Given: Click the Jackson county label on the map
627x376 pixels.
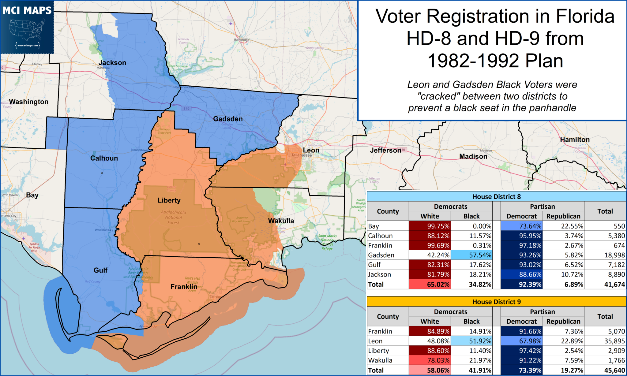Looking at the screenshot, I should tap(112, 63).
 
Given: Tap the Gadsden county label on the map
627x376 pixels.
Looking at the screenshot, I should tap(228, 119).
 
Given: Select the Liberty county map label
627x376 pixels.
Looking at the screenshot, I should tap(169, 200).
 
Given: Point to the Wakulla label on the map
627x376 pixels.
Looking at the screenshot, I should tap(281, 221).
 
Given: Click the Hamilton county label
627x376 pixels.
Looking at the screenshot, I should tap(575, 140).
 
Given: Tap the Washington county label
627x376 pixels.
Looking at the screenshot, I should tap(28, 102).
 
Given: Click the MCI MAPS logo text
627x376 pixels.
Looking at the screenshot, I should tap(27, 11).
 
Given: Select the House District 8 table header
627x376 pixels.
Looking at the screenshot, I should tap(496, 197).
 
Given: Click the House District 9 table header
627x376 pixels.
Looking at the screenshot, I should tap(496, 302).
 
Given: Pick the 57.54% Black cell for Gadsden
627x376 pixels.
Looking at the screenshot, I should tap(471, 255).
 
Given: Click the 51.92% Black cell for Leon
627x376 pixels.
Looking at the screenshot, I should tap(471, 341).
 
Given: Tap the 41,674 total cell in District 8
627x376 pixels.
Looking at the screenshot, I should tap(614, 285).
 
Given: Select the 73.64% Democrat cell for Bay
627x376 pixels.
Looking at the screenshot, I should tap(521, 226).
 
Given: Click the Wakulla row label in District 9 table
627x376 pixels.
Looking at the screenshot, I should tap(380, 360).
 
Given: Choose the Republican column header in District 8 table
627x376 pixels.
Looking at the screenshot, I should tap(563, 216).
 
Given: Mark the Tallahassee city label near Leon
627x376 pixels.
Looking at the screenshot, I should tap(301, 155).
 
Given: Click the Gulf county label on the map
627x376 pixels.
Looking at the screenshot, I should tap(100, 270).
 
